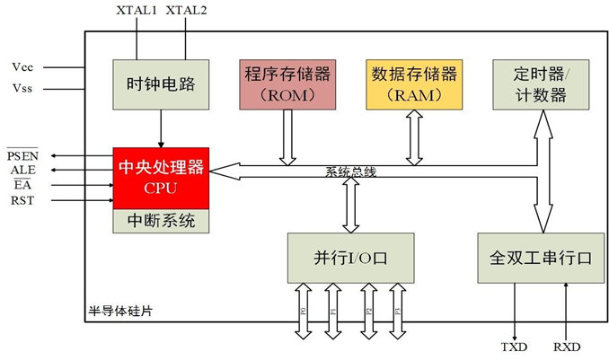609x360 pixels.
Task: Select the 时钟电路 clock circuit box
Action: click(x=161, y=85)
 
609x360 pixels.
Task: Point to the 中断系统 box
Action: click(x=161, y=220)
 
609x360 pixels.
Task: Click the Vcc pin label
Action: click(x=23, y=66)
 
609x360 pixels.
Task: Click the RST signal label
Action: click(x=22, y=200)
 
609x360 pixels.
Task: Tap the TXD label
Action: click(x=515, y=347)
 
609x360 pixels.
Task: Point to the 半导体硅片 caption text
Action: click(x=120, y=310)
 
